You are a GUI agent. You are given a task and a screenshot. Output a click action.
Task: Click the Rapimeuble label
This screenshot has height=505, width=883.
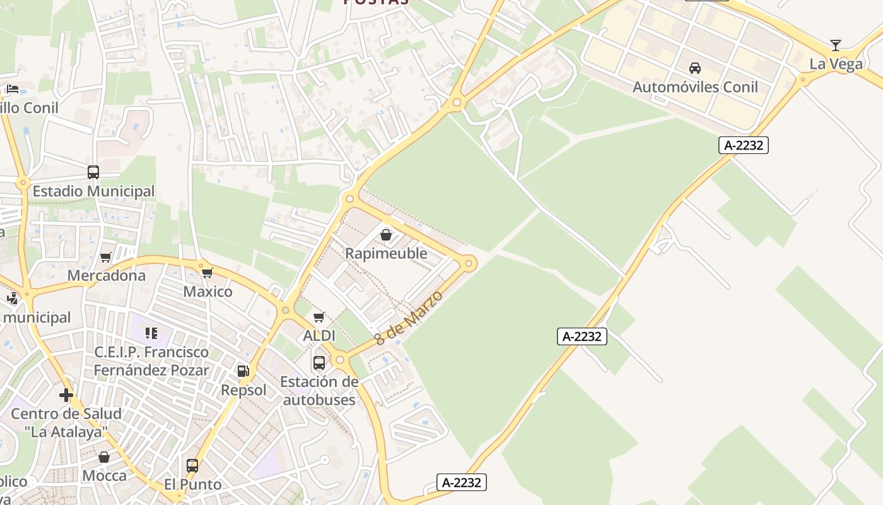(386, 254)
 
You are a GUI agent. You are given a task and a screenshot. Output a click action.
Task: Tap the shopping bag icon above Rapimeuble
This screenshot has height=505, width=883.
(386, 235)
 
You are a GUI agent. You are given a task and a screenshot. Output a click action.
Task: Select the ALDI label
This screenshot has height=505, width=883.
(319, 336)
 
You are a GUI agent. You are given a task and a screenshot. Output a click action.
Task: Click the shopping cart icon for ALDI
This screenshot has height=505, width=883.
(319, 318)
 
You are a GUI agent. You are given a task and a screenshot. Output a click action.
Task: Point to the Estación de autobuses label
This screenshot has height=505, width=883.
(319, 391)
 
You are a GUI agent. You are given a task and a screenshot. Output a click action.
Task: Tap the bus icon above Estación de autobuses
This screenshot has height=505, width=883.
(319, 363)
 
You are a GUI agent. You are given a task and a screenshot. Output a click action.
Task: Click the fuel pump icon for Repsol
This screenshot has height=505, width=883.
(243, 371)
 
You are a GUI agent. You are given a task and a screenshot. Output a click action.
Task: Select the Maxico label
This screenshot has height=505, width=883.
(208, 292)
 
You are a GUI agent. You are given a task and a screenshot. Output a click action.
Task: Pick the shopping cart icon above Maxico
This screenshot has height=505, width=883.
(208, 273)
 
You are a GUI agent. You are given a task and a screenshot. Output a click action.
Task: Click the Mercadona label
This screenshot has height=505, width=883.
(106, 276)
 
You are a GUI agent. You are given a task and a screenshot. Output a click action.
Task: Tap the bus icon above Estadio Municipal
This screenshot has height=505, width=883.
(93, 172)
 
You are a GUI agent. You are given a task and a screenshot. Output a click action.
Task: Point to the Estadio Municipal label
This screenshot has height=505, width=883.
(93, 191)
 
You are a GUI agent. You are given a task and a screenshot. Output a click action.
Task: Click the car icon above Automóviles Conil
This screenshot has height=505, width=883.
(695, 68)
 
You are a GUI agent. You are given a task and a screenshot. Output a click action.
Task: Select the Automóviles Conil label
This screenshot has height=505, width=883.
(695, 87)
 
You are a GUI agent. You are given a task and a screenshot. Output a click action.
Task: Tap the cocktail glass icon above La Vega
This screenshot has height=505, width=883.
(836, 45)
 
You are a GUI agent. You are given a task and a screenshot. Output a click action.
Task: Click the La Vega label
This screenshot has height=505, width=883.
(836, 64)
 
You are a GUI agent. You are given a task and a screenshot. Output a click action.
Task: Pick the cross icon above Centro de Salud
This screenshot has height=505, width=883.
(66, 396)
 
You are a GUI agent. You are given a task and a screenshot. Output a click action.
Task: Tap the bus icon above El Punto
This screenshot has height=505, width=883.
(192, 466)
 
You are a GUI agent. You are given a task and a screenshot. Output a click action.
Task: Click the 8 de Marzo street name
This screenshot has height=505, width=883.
(409, 318)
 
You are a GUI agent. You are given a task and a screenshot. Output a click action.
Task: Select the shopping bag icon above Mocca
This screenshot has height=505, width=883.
(104, 457)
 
